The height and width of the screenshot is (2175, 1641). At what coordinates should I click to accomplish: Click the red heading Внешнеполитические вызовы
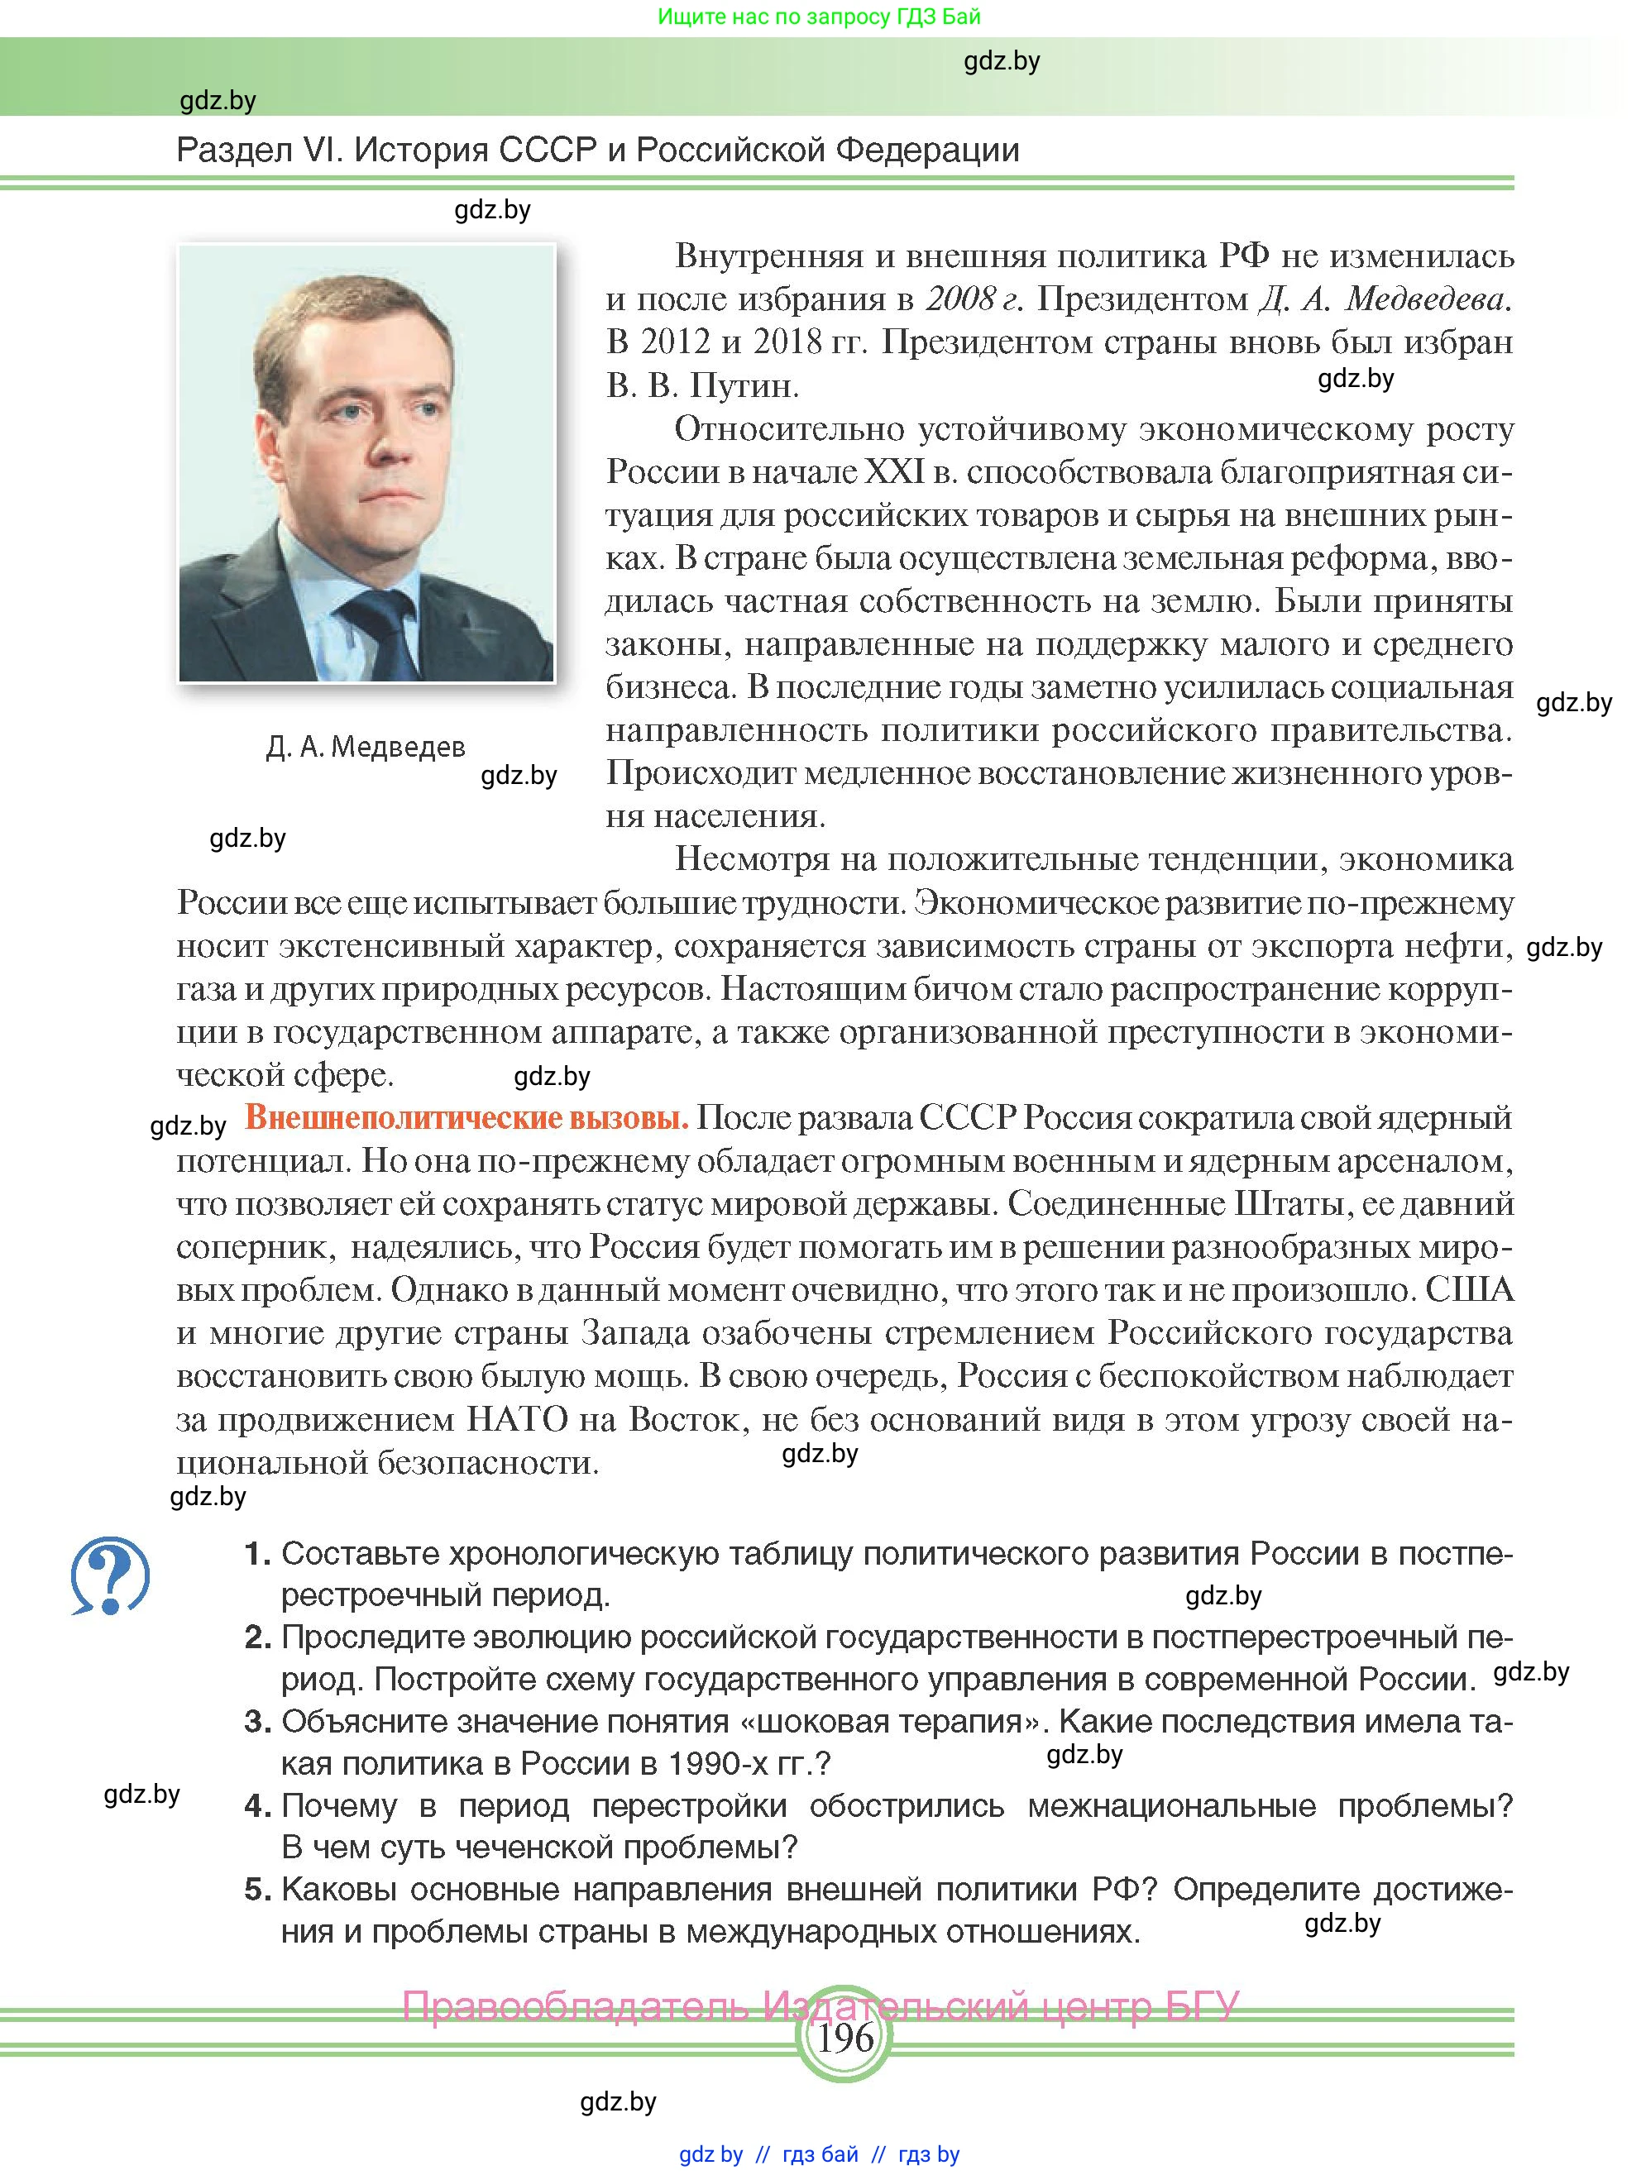[466, 1118]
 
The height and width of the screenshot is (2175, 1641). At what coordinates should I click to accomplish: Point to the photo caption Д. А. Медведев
[365, 748]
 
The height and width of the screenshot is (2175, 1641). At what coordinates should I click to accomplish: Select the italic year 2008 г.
[974, 299]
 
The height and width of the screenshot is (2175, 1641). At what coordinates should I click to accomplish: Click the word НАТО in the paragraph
[516, 1420]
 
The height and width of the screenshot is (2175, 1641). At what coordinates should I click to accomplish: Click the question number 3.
[257, 1722]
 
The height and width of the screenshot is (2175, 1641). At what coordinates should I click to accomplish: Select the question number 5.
[257, 1889]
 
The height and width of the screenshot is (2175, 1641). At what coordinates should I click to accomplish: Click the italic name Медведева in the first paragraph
[1428, 299]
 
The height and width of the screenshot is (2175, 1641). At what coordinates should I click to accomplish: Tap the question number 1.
[257, 1554]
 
